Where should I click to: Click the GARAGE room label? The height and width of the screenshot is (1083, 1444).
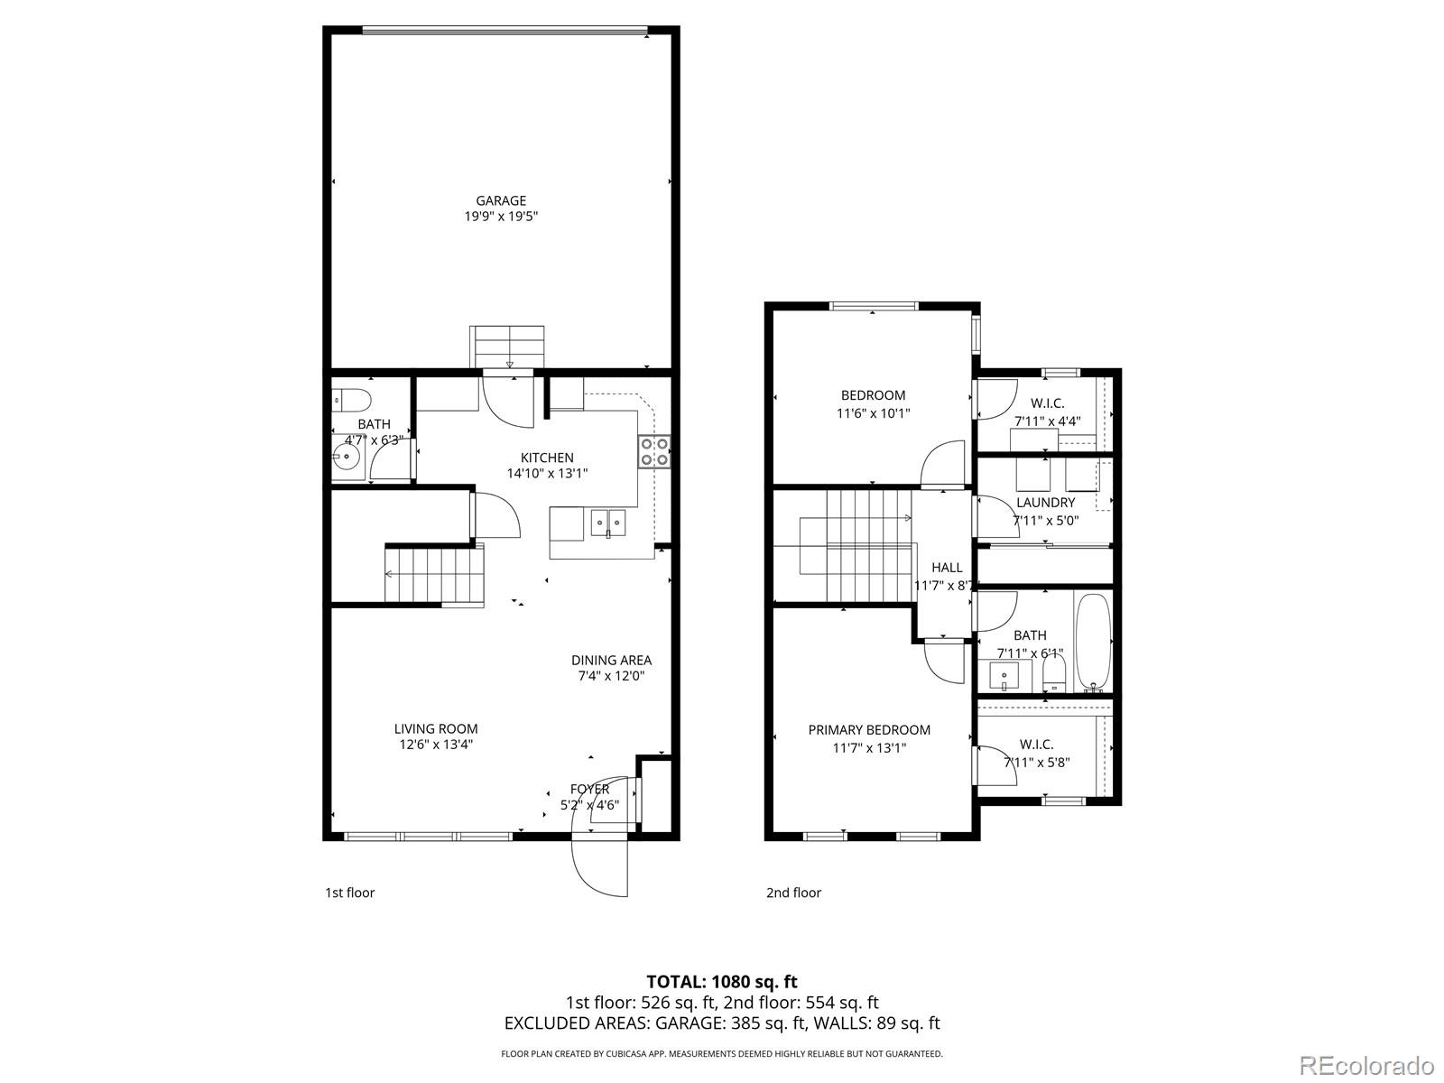click(x=501, y=201)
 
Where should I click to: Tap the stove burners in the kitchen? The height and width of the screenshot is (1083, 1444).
click(x=654, y=451)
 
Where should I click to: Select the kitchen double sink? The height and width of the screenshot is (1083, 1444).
click(x=608, y=521)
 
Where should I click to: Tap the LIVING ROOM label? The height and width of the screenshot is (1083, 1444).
click(x=436, y=728)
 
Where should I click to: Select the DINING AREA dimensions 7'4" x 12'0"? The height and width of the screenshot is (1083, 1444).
click(x=611, y=676)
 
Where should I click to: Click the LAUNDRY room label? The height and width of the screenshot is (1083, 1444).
click(x=1045, y=503)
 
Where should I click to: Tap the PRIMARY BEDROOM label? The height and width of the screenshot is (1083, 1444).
click(x=869, y=730)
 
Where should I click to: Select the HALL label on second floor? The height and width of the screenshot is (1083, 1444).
click(x=947, y=568)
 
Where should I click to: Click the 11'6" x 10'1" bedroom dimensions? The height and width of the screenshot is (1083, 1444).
click(x=873, y=413)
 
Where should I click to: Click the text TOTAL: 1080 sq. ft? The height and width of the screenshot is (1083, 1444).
click(x=721, y=981)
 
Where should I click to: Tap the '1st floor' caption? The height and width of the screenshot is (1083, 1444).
click(x=349, y=893)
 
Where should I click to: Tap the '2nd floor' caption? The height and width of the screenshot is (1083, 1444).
click(x=793, y=893)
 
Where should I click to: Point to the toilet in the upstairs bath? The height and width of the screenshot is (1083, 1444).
click(x=1053, y=672)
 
